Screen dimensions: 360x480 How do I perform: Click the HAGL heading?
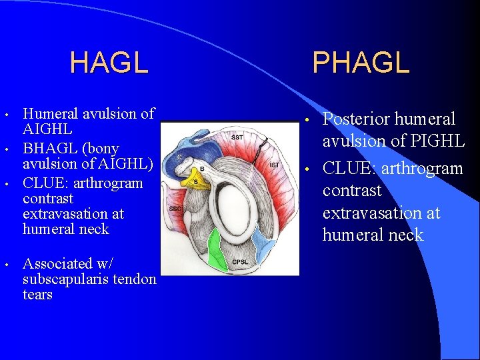click(x=109, y=63)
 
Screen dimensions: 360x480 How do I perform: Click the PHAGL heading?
click(x=361, y=63)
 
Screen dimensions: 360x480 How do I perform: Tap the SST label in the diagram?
click(x=237, y=137)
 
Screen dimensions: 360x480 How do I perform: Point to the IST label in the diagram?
click(x=274, y=164)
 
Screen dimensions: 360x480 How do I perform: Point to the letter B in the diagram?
click(x=202, y=169)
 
